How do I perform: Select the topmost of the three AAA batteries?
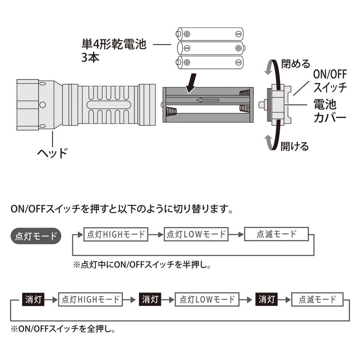tap(210, 33)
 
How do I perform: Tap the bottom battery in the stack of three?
tap(210, 62)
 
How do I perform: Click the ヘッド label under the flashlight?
tap(52, 153)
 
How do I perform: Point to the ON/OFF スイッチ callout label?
tap(330, 80)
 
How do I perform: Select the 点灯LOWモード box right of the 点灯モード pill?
tap(196, 234)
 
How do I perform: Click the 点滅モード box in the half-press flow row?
tap(277, 234)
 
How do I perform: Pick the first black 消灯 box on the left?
tap(33, 299)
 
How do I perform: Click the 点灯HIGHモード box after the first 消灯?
tap(90, 299)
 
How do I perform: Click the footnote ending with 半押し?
tap(142, 265)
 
